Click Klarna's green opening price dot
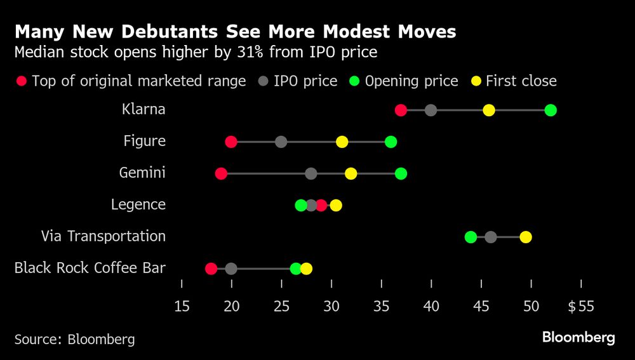pyautogui.click(x=551, y=110)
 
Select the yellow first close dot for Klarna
pyautogui.click(x=488, y=110)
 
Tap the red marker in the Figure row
pyautogui.click(x=231, y=142)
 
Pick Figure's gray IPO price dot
pyautogui.click(x=281, y=142)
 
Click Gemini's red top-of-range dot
pyautogui.click(x=221, y=173)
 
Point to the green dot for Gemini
pyautogui.click(x=401, y=173)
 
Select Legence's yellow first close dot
pyautogui.click(x=336, y=205)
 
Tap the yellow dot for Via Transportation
pyautogui.click(x=526, y=237)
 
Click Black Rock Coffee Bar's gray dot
pyautogui.click(x=231, y=269)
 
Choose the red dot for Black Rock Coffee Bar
pyautogui.click(x=211, y=269)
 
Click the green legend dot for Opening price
pyautogui.click(x=355, y=81)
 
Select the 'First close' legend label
pyautogui.click(x=521, y=81)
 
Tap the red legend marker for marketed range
pyautogui.click(x=22, y=81)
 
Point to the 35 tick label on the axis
pyautogui.click(x=381, y=307)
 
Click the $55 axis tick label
pyautogui.click(x=580, y=307)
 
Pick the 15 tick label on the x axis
pyautogui.click(x=182, y=307)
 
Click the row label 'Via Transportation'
pyautogui.click(x=103, y=236)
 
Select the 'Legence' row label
pyautogui.click(x=138, y=204)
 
